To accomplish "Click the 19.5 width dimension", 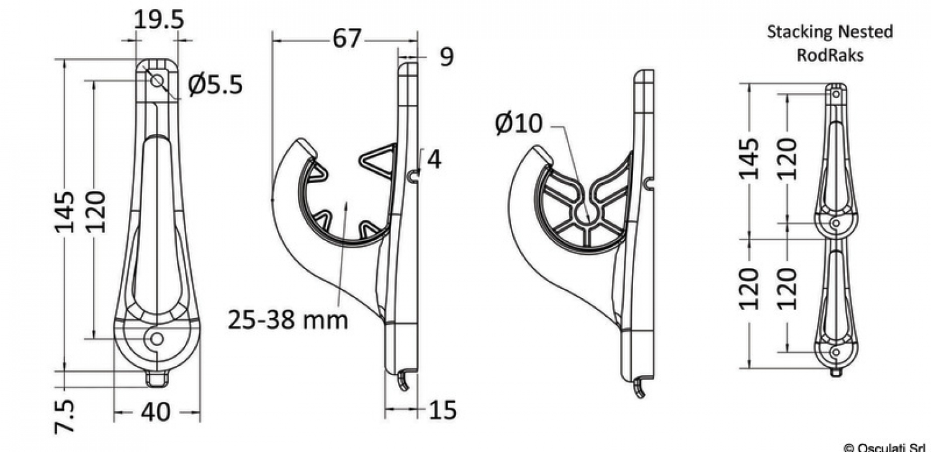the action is click(159, 19).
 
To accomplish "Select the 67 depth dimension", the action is click(347, 38).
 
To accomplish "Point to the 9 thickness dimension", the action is click(446, 56).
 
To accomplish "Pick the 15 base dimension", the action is click(443, 410).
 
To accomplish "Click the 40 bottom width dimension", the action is click(156, 412).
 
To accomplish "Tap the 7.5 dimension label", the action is click(65, 417).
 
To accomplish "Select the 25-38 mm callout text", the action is click(288, 320).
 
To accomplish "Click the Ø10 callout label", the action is click(519, 123).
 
